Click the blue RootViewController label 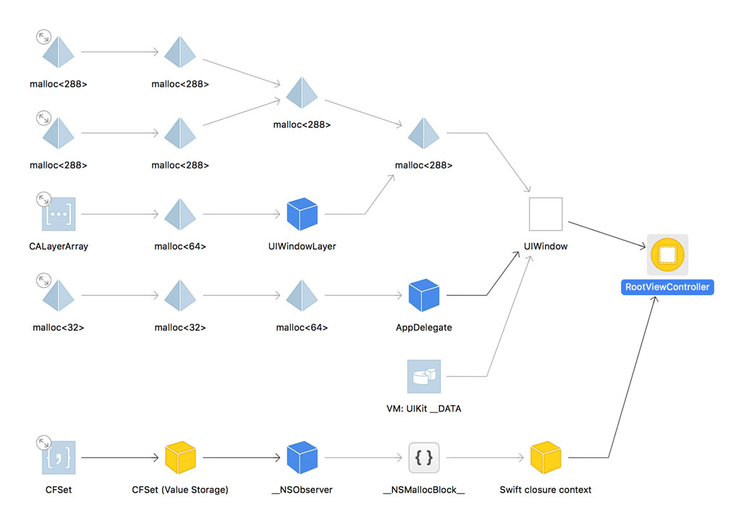coord(667,287)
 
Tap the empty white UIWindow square coord(546,213)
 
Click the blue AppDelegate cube coord(424,295)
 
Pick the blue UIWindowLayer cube coord(302,214)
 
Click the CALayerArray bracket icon coord(59,214)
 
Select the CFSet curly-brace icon coord(59,458)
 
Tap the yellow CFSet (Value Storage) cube coord(180,458)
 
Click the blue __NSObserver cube coord(302,458)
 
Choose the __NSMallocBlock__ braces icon coord(424,458)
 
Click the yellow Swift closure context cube coord(546,458)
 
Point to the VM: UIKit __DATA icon coord(424,376)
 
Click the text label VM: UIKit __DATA coord(424,409)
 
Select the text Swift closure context coord(546,490)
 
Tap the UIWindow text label coord(546,246)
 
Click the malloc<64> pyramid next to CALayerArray coord(180,214)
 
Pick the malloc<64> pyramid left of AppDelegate coord(302,295)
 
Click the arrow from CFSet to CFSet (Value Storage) coord(119,458)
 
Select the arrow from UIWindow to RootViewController coord(606,236)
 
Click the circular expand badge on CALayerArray coord(43,198)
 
